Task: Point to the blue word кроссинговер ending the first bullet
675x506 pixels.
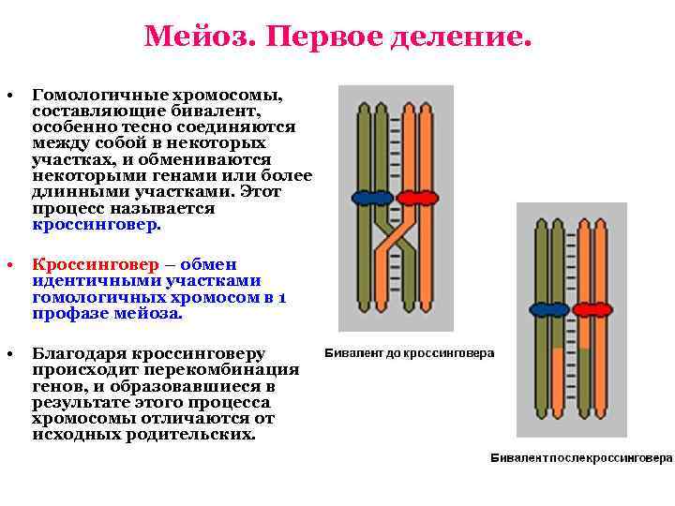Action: click(x=96, y=225)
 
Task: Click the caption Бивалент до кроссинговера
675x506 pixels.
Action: click(x=410, y=354)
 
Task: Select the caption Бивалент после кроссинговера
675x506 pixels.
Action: click(x=582, y=458)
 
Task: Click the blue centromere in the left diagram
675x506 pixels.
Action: click(x=372, y=198)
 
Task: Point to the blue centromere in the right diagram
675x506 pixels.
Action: click(x=550, y=309)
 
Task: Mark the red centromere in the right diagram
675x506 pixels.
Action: click(x=593, y=309)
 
